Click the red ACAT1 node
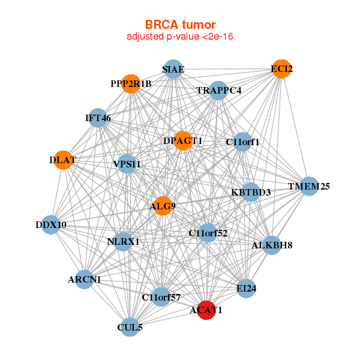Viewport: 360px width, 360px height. [206, 310]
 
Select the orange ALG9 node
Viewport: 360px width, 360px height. [163, 206]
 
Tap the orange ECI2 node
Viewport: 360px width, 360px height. [281, 69]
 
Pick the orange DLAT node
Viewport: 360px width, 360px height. [62, 160]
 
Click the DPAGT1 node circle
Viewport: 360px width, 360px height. [183, 140]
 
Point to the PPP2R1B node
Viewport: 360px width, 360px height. [131, 84]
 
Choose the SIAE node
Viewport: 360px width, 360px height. [173, 69]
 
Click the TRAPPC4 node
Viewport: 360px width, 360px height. [218, 91]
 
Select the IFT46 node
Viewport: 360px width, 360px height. [98, 118]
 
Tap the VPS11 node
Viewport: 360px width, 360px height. [127, 163]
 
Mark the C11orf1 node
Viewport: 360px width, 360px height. [242, 142]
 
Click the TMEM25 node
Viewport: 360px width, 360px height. [309, 186]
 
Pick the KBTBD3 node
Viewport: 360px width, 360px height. [251, 192]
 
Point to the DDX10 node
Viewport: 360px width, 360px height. [51, 225]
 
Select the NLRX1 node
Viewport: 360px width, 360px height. [123, 242]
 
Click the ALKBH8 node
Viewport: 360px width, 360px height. [272, 245]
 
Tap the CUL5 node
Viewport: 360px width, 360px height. [129, 328]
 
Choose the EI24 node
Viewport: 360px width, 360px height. [246, 289]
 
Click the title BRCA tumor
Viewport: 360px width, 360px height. [180, 25]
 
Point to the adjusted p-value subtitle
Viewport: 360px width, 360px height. [180, 37]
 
